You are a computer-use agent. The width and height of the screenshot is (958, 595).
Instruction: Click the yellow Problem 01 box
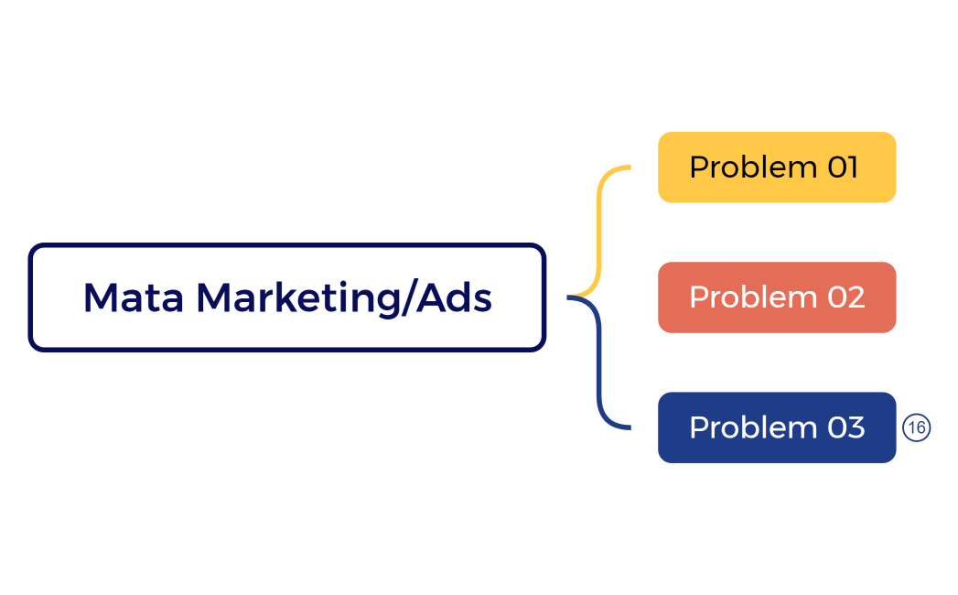[776, 168]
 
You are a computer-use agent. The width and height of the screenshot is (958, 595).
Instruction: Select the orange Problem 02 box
[776, 297]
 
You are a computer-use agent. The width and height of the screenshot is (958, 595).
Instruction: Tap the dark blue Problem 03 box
[776, 427]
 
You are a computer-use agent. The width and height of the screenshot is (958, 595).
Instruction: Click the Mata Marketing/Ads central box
[287, 297]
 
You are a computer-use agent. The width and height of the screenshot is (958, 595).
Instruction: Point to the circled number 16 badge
[916, 427]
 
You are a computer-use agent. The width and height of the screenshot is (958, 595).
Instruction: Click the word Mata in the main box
[134, 298]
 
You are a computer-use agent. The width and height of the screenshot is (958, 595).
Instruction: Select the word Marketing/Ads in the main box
[344, 298]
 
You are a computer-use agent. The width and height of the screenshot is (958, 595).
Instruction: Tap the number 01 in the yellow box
[843, 168]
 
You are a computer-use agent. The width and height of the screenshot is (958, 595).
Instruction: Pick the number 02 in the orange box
[845, 297]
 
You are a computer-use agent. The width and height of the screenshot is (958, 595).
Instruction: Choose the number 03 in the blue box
[845, 427]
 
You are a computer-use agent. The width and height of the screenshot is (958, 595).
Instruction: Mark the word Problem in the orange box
[753, 298]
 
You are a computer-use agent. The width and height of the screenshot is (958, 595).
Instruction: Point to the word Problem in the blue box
[753, 428]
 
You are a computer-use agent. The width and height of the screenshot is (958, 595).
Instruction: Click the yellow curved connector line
[599, 229]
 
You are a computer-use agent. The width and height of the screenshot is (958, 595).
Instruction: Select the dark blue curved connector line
[599, 366]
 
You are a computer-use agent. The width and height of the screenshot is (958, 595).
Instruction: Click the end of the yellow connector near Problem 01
[629, 168]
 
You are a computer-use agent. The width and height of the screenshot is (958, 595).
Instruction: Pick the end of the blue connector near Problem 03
[629, 427]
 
